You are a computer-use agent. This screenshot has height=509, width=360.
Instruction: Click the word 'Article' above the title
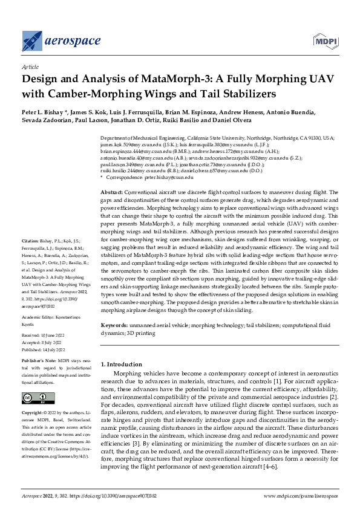coord(30,68)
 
